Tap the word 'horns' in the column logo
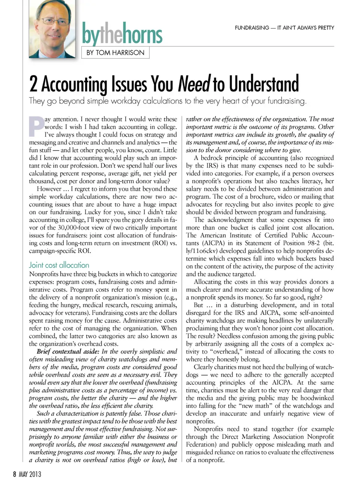pos(142,35)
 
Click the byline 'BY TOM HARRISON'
pos(115,53)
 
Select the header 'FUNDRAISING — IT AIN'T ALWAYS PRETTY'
pos(284,28)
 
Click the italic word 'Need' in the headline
pos(194,84)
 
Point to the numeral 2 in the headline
pos(33,84)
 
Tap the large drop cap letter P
pos(36,127)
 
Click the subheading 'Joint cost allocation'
pos(59,265)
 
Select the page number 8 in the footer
pos(15,474)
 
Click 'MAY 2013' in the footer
pos(30,474)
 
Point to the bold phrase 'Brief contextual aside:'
pos(68,352)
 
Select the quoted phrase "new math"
pos(257,406)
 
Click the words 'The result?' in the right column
pos(201,336)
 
